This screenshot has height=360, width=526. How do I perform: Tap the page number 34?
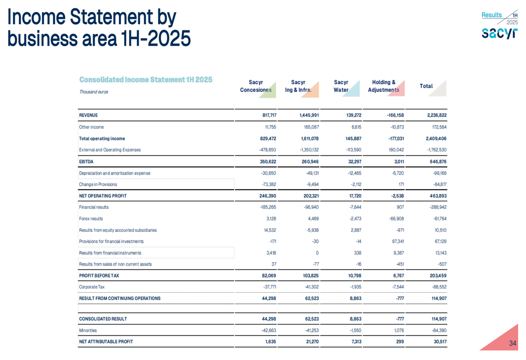click(513, 344)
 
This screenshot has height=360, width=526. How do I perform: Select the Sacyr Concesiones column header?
click(256, 86)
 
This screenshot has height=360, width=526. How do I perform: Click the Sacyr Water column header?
click(341, 86)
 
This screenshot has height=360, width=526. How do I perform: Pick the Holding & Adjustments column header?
click(383, 86)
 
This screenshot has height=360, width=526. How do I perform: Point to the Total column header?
click(426, 86)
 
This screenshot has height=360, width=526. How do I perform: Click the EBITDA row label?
click(86, 161)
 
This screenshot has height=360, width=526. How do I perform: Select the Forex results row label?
click(91, 219)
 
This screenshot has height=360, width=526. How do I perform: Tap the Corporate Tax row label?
click(92, 287)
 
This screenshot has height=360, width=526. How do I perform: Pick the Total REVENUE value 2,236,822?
click(434, 115)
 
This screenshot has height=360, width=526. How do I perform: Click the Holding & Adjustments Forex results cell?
click(395, 219)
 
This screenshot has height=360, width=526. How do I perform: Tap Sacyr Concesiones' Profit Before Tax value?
click(267, 276)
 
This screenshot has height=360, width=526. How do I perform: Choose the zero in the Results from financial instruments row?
click(317, 253)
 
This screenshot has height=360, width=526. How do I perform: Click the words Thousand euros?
click(94, 92)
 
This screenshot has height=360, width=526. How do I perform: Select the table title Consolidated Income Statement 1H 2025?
click(146, 80)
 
